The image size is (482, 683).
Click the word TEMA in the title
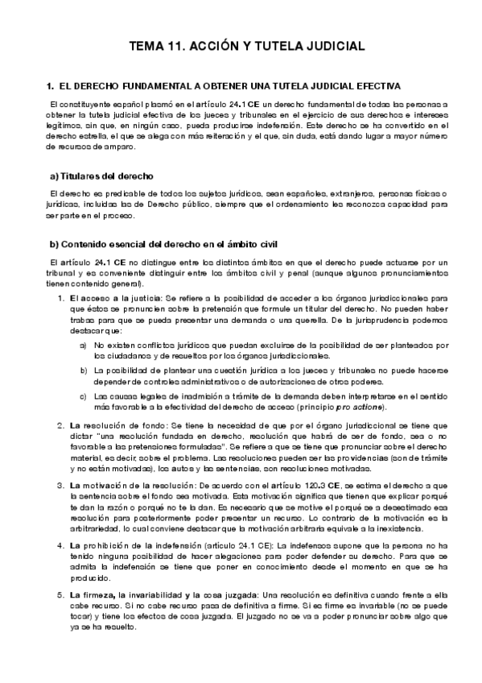pos(148,47)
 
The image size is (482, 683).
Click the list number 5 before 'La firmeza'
pos(61,595)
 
